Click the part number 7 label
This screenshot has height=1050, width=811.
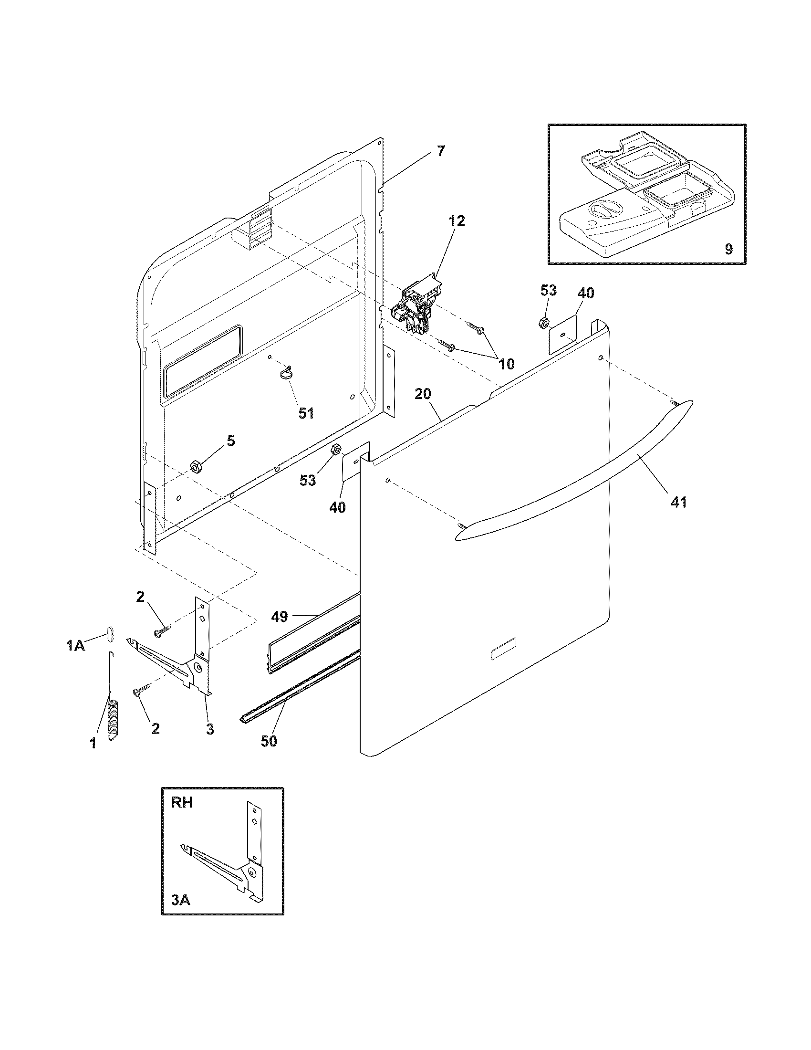click(x=441, y=151)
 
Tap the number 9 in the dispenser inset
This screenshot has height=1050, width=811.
click(x=728, y=249)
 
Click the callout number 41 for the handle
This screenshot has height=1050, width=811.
click(x=678, y=503)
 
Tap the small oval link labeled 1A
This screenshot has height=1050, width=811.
click(x=110, y=633)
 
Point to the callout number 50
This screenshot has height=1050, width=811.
click(x=269, y=741)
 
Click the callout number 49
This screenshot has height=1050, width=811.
click(x=279, y=616)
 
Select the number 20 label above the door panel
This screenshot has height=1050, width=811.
click(x=423, y=394)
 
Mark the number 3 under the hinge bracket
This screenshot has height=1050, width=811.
click(x=210, y=729)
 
